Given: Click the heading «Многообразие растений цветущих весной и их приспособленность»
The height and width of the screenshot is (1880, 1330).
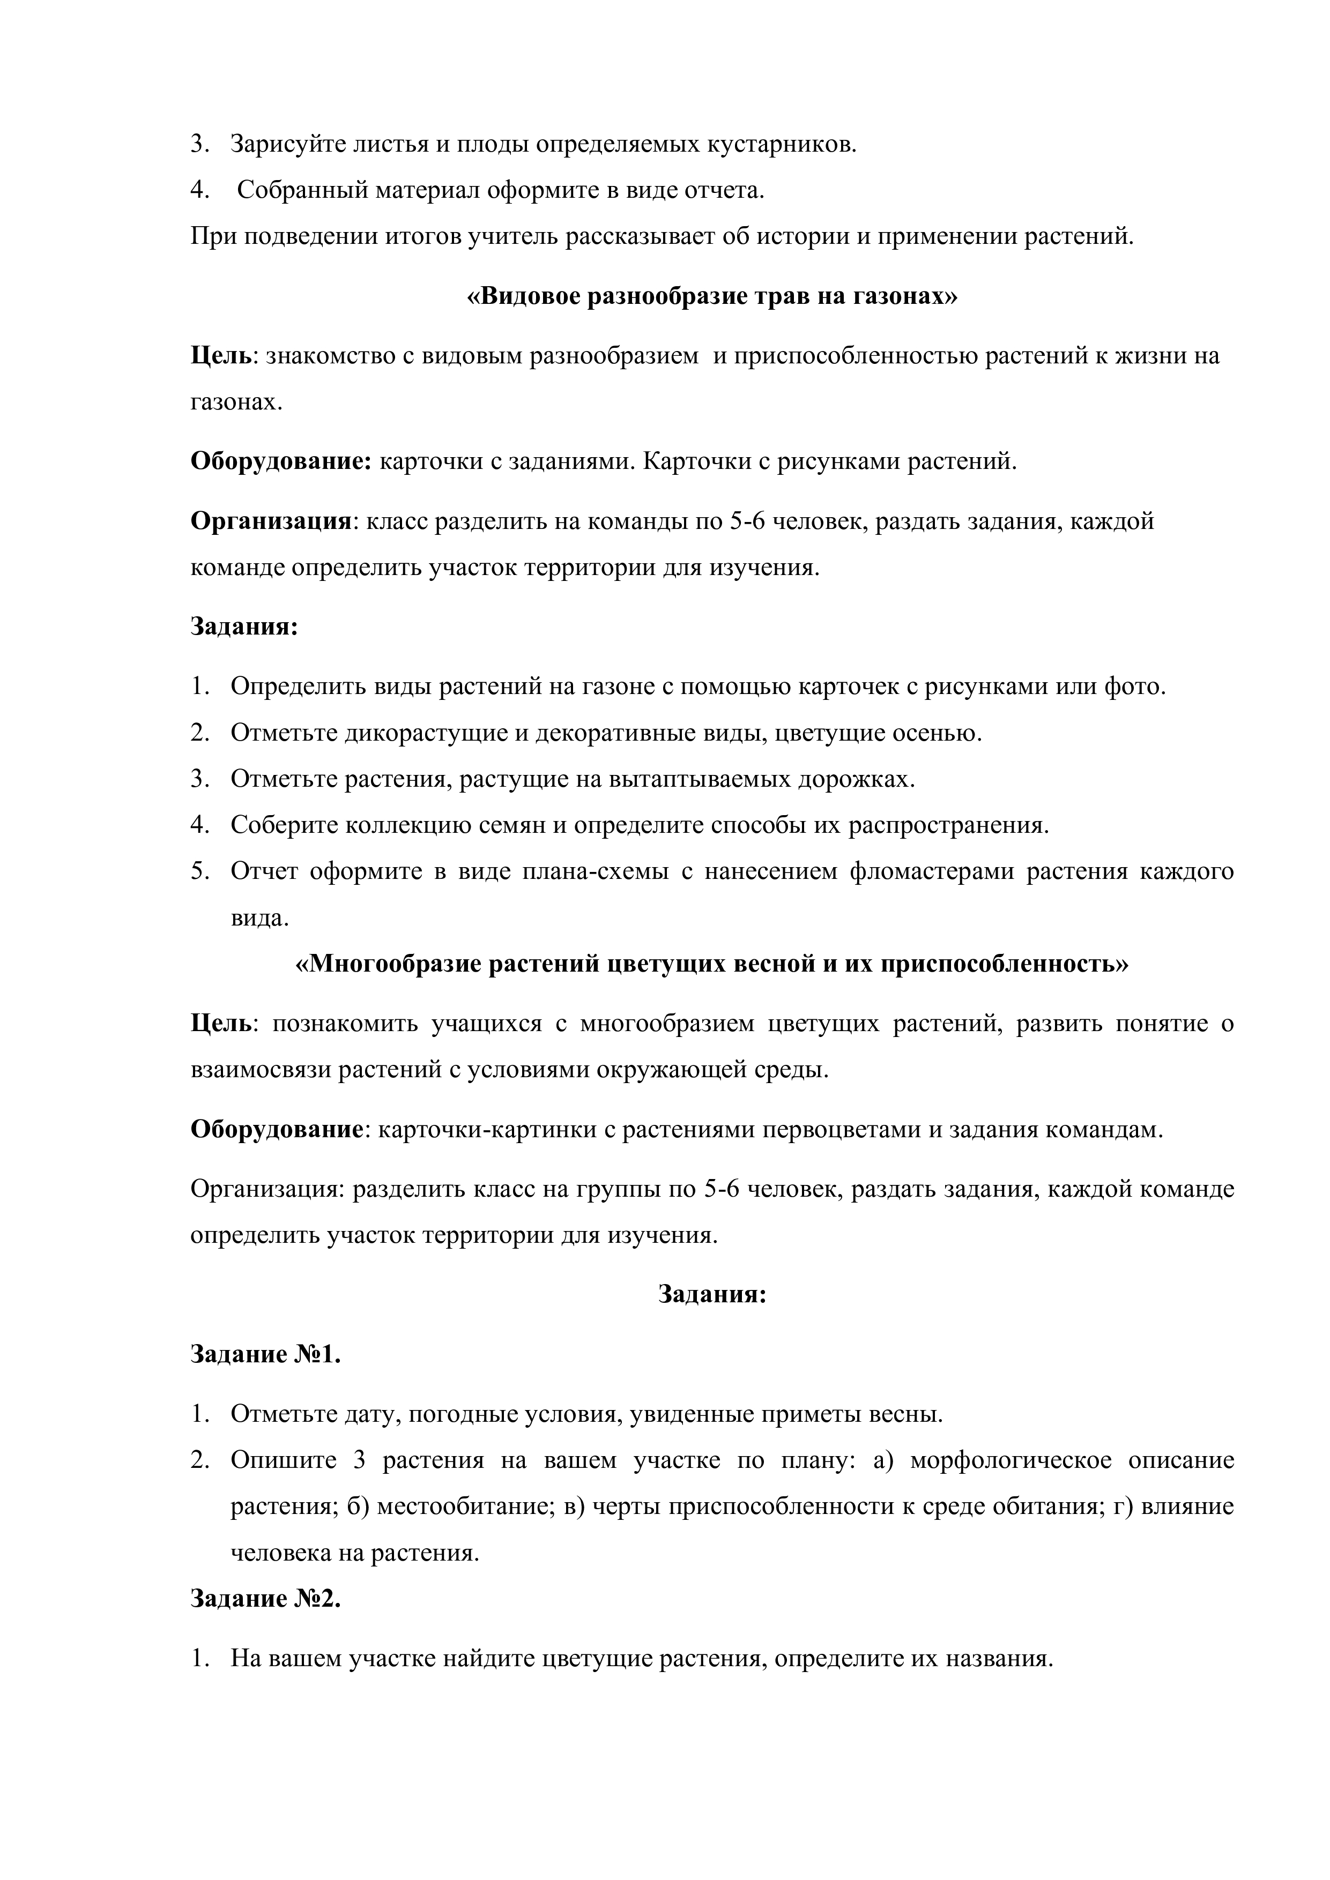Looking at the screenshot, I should tap(711, 964).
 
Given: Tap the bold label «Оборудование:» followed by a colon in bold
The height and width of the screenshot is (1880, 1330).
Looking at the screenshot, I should tap(281, 462).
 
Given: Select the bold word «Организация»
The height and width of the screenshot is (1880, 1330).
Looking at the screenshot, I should tap(270, 521).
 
